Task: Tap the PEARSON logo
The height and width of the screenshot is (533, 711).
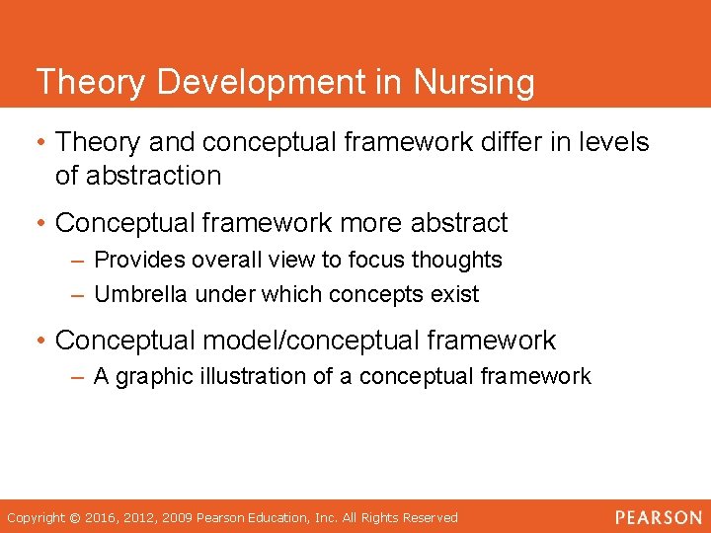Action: point(658,517)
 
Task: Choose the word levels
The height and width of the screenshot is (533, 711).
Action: point(611,142)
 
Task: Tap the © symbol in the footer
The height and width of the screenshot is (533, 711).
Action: point(75,517)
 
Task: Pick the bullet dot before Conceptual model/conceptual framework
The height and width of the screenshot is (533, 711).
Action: point(41,342)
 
